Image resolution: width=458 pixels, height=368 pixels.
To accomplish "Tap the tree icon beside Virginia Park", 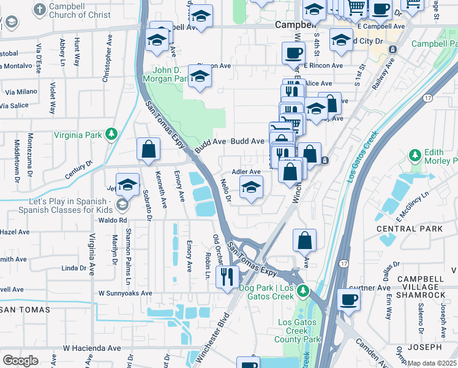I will [x=111, y=134].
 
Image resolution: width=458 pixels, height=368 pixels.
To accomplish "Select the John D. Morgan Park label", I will [x=165, y=74].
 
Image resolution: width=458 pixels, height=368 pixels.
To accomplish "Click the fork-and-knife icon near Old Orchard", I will [x=228, y=276].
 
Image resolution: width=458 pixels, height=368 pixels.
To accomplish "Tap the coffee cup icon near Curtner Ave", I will [x=348, y=299].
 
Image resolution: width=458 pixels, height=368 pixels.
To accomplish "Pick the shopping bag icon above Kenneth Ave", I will [x=148, y=149].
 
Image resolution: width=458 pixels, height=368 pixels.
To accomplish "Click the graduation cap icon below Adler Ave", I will [x=251, y=188].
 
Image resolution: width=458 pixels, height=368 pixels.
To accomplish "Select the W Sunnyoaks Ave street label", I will [x=125, y=293].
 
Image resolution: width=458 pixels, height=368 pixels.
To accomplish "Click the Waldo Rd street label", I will [x=114, y=220].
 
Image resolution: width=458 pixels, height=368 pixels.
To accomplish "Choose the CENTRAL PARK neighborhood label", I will [x=401, y=229].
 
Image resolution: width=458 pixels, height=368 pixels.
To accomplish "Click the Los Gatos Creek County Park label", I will [x=299, y=331].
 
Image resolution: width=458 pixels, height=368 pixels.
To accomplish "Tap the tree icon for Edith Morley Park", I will [x=415, y=153].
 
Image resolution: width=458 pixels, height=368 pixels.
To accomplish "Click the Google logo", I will [x=20, y=361].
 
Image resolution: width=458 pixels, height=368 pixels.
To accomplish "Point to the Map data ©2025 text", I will [x=432, y=363].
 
